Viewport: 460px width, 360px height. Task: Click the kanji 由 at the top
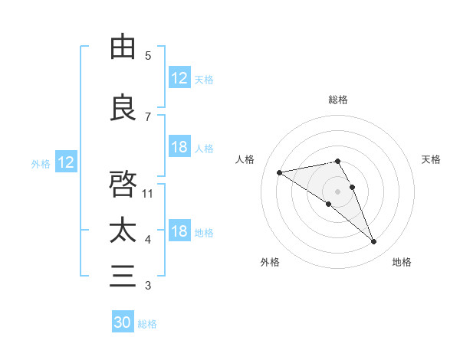pyautogui.click(x=123, y=47)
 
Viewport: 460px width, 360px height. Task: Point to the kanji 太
pyautogui.click(x=123, y=231)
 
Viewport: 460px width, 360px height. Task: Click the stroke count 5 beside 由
pyautogui.click(x=148, y=56)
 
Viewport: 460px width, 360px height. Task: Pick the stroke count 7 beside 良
pyautogui.click(x=148, y=117)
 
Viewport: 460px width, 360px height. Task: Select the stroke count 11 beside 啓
pyautogui.click(x=149, y=193)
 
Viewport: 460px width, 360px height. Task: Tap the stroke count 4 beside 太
pyautogui.click(x=148, y=240)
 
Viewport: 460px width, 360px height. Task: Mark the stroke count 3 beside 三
pyautogui.click(x=148, y=286)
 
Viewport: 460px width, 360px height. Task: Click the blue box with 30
pyautogui.click(x=123, y=322)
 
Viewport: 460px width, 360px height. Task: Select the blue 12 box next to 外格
pyautogui.click(x=65, y=162)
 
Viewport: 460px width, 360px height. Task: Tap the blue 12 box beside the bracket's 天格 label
pyautogui.click(x=179, y=78)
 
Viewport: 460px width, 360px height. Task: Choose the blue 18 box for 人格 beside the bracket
pyautogui.click(x=179, y=147)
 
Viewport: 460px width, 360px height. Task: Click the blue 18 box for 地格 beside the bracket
pyautogui.click(x=179, y=232)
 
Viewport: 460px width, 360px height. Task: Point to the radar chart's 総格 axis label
pyautogui.click(x=338, y=100)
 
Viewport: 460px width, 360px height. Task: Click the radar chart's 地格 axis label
pyautogui.click(x=402, y=262)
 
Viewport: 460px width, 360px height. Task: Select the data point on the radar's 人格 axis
pyautogui.click(x=280, y=172)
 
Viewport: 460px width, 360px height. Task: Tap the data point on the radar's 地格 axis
pyautogui.click(x=373, y=242)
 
